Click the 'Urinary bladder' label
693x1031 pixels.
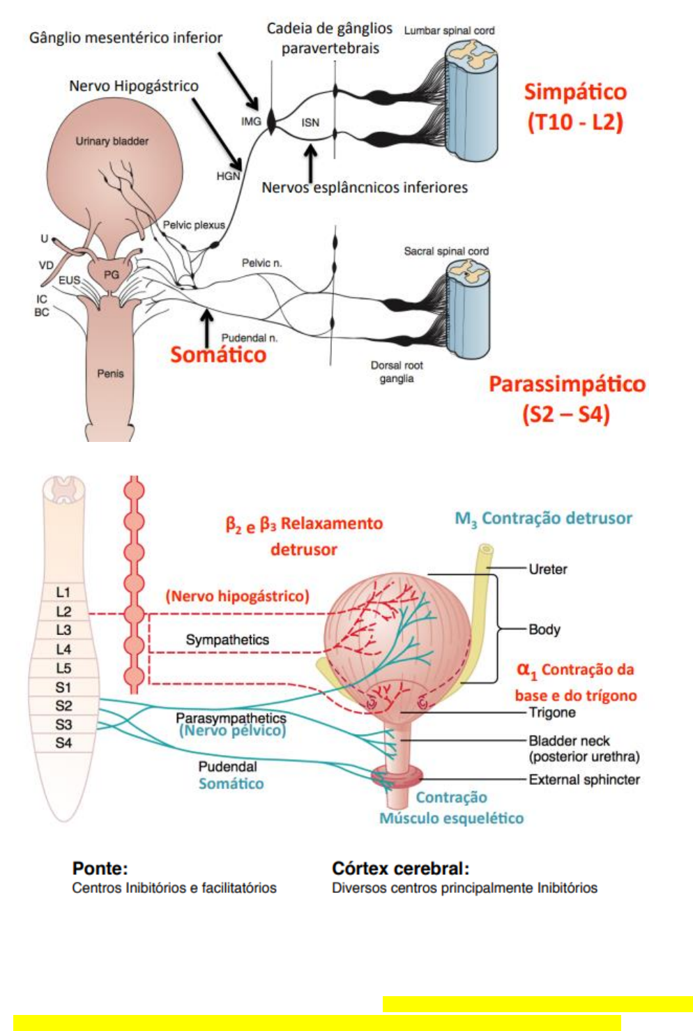coord(112,142)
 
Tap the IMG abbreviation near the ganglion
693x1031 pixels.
coord(251,121)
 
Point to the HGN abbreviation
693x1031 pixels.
coord(229,176)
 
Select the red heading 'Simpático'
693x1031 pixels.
coord(575,92)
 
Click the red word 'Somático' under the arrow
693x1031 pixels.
coord(218,355)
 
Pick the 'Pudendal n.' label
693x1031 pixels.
coord(250,338)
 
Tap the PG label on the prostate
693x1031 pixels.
coord(111,275)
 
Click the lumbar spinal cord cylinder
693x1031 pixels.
coord(471,101)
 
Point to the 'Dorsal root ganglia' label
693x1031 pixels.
coord(397,372)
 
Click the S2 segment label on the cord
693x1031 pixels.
coord(63,705)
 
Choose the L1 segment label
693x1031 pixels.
coord(63,593)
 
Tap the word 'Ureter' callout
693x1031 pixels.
coord(547,570)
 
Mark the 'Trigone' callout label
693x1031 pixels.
coord(552,712)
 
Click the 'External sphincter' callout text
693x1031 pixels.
coord(584,779)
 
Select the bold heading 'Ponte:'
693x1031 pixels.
coord(100,869)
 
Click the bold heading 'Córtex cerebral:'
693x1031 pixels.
coord(401,869)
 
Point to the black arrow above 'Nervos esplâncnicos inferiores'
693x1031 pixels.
coord(311,164)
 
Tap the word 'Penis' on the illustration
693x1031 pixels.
coord(111,373)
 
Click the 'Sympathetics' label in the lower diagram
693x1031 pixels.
coord(227,640)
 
